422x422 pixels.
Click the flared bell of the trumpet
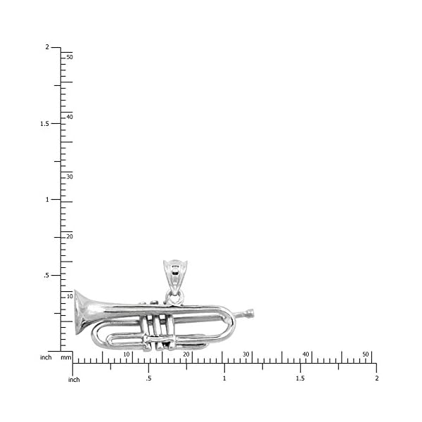coord(83,311)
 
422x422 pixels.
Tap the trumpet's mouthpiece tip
coord(250,314)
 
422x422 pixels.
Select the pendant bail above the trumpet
coord(175,275)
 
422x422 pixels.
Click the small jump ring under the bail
coord(174,298)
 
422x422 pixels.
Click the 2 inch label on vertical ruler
coord(47,47)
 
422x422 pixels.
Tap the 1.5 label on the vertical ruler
coord(44,123)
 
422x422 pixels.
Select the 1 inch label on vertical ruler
coord(47,199)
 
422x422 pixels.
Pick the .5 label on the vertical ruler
coord(46,275)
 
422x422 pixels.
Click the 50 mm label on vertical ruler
coord(70,57)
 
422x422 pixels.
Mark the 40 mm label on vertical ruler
coord(70,117)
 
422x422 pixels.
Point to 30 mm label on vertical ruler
coord(70,177)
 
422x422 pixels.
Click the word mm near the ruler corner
coord(66,357)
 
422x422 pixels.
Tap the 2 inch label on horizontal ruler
coord(376,378)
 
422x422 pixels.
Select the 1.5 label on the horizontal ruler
coord(300,378)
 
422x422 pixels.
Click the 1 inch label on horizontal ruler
coord(224,378)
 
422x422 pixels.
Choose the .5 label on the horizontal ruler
coord(148,378)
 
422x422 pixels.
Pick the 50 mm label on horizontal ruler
coord(366,354)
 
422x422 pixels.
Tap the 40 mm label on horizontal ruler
coord(306,354)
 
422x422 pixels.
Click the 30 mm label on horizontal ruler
coord(246,354)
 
